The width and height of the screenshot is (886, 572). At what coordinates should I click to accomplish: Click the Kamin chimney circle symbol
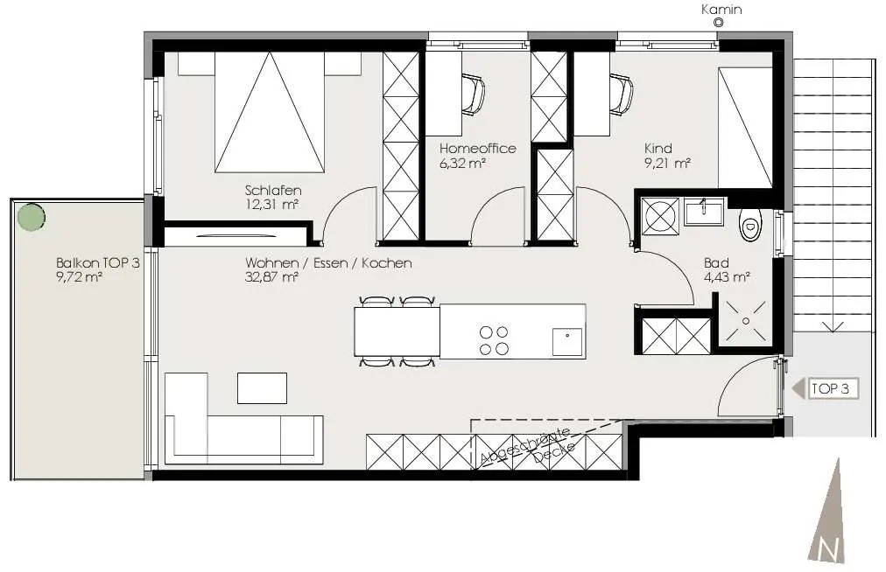(719, 23)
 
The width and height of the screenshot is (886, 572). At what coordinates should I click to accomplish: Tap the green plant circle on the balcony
(31, 216)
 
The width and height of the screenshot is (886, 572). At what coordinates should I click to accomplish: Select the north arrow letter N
(829, 549)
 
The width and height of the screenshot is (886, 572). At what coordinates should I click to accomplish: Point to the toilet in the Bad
(749, 225)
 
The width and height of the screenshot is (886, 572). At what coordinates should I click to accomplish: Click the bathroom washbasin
(704, 212)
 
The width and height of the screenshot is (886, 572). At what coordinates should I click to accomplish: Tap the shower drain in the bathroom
(746, 321)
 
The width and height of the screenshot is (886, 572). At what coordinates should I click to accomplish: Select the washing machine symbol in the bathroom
(661, 215)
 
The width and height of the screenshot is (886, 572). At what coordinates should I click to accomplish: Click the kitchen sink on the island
(567, 341)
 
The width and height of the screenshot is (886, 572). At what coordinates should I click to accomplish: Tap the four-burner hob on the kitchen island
(494, 340)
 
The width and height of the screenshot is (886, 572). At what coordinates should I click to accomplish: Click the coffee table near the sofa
(262, 388)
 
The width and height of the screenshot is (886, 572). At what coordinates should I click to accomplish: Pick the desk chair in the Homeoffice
(473, 94)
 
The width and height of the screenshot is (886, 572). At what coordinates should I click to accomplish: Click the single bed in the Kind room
(745, 128)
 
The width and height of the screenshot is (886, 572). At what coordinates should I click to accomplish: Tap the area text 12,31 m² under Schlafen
(271, 205)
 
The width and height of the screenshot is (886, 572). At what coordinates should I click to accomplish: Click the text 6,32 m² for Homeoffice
(463, 164)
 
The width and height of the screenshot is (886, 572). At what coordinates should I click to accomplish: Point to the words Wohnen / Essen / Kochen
(328, 262)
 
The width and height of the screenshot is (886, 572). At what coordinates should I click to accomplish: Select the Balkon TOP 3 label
(98, 262)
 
